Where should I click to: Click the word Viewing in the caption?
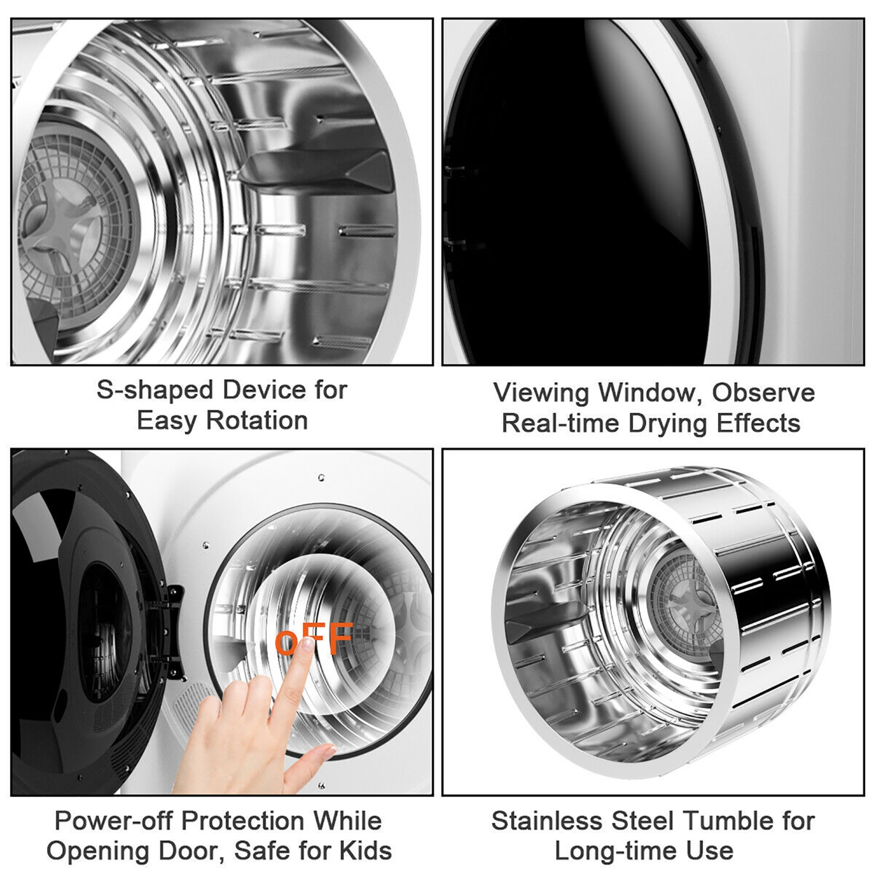coord(540,393)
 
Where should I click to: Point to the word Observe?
coord(763,393)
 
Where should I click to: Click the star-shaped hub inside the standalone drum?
coord(688,600)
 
